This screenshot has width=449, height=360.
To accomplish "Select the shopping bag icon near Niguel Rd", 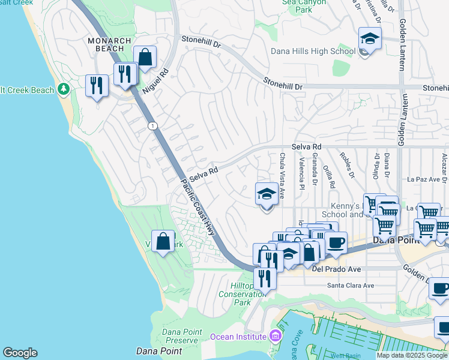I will [145, 58].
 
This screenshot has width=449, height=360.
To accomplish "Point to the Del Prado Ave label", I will [337, 269].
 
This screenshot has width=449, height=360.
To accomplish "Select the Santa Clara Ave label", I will [351, 286].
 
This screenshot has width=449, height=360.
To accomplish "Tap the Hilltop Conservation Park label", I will [242, 294].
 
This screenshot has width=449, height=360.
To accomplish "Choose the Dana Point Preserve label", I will [180, 336].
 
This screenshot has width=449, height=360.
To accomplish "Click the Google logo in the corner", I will [20, 353].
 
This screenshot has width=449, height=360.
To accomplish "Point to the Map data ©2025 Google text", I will [412, 355].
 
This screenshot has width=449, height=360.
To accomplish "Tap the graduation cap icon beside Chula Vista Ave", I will [267, 194].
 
